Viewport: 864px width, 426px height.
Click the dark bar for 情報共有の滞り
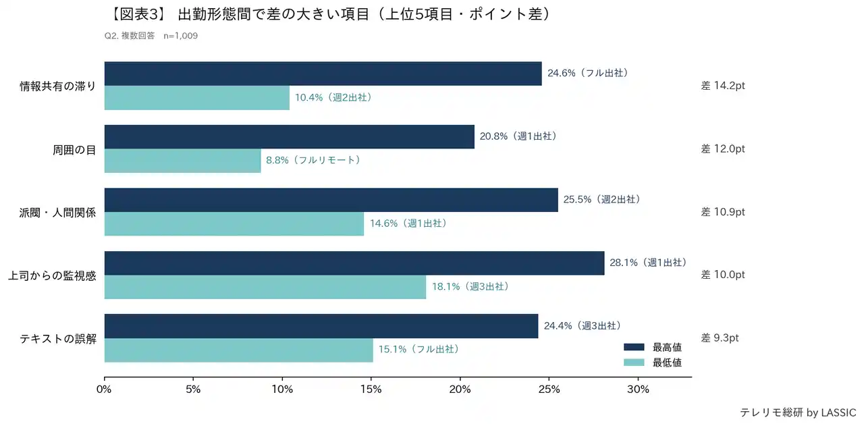pos(323,74)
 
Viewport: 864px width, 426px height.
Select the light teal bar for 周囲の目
pos(182,161)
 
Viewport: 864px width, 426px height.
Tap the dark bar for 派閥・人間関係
pos(331,200)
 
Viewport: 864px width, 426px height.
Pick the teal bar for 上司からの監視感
pos(265,287)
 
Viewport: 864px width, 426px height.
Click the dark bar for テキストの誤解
pos(321,326)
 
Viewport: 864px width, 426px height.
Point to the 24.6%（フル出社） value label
pos(588,73)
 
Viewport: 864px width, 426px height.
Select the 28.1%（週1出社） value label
pos(648,263)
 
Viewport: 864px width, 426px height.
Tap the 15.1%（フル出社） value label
pos(418,350)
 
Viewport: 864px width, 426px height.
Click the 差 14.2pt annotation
pos(723,86)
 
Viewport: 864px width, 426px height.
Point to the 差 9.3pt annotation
pos(720,338)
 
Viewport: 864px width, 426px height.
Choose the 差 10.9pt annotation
pos(723,212)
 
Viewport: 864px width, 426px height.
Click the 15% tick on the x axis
pos(371,390)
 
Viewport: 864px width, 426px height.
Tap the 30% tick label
pos(638,390)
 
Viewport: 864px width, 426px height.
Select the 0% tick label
pos(104,390)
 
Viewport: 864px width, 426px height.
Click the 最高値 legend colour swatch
pos(634,348)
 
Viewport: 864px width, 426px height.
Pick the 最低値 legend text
pos(667,363)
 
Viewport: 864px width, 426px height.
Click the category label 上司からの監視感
pos(52,275)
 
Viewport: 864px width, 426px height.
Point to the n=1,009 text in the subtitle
pos(181,36)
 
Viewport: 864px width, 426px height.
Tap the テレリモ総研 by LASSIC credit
pos(798,412)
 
